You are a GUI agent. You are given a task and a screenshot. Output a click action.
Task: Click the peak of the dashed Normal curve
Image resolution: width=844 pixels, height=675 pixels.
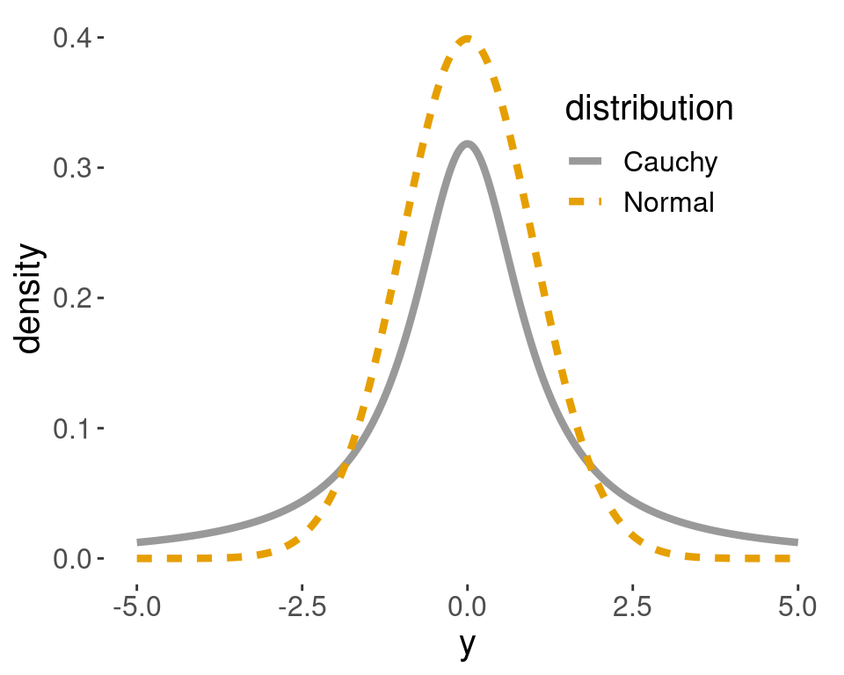pyautogui.click(x=467, y=38)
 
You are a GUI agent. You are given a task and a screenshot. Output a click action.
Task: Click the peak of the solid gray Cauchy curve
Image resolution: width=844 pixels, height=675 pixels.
pyautogui.click(x=467, y=144)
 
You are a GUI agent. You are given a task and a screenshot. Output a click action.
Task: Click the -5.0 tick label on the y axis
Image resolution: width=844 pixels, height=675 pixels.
pyautogui.click(x=136, y=606)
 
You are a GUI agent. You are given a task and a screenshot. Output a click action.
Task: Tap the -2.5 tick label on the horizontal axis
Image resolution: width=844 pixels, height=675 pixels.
pyautogui.click(x=302, y=606)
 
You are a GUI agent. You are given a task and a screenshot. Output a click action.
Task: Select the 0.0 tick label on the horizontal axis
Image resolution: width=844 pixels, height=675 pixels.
pyautogui.click(x=467, y=606)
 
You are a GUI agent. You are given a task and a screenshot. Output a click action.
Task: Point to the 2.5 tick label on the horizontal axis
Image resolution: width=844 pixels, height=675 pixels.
pyautogui.click(x=632, y=606)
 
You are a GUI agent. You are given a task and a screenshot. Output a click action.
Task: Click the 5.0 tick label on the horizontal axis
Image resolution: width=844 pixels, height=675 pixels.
pyautogui.click(x=797, y=606)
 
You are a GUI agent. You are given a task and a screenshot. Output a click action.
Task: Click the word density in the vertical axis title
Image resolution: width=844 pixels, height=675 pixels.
pyautogui.click(x=29, y=299)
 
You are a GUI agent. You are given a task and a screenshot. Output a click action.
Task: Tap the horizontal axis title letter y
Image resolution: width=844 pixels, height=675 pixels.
pyautogui.click(x=467, y=646)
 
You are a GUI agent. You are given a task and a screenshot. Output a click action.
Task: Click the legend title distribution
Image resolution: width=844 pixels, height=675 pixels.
pyautogui.click(x=649, y=109)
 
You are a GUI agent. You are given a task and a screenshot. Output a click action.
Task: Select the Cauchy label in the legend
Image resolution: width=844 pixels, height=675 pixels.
pyautogui.click(x=670, y=162)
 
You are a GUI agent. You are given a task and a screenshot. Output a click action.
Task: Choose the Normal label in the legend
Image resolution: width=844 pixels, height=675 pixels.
pyautogui.click(x=668, y=203)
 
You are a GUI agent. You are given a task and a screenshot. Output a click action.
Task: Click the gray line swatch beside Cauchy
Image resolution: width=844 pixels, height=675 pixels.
pyautogui.click(x=586, y=162)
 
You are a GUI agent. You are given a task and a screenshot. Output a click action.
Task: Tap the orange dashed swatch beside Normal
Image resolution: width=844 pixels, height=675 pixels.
pyautogui.click(x=586, y=203)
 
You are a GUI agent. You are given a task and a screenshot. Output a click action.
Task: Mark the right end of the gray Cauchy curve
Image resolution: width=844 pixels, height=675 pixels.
pyautogui.click(x=797, y=542)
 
